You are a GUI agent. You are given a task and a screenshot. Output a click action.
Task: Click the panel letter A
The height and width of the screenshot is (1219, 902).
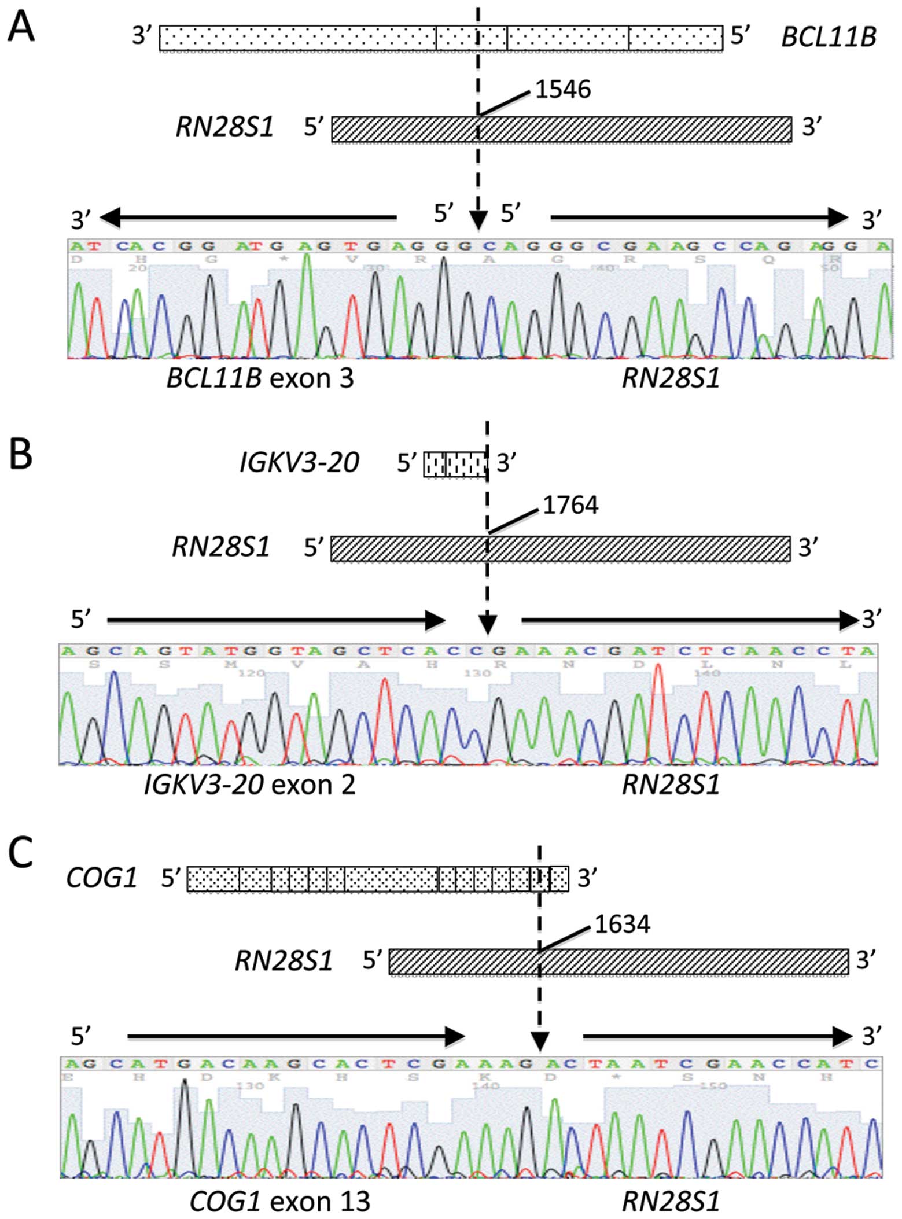tap(21, 27)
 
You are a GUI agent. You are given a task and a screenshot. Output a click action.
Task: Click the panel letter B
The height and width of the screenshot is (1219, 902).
tap(21, 455)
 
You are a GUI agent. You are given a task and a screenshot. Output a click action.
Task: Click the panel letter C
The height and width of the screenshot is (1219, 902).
tap(21, 853)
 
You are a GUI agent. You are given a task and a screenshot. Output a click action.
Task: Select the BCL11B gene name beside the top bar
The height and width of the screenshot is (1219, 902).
tap(829, 38)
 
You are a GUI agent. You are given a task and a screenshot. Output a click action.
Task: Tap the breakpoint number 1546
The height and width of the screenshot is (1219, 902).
tap(562, 90)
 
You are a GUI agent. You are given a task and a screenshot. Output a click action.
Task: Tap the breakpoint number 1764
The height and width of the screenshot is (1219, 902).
tap(570, 506)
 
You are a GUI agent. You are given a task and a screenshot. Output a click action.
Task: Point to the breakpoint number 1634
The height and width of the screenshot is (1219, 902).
tap(622, 924)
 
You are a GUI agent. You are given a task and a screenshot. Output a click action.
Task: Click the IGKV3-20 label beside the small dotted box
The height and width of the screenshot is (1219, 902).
tap(299, 463)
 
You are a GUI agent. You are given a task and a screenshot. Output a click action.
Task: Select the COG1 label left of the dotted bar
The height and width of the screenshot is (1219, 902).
tap(101, 878)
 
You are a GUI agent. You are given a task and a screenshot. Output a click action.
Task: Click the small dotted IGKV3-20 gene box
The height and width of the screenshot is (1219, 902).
tap(455, 464)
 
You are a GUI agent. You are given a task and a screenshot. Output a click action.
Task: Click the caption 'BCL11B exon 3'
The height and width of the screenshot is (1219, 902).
tap(260, 379)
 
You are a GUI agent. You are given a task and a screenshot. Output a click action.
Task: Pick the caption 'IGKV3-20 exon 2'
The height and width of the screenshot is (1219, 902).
tap(249, 785)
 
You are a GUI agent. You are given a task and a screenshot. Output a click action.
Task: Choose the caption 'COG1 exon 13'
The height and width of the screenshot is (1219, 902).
tap(279, 1201)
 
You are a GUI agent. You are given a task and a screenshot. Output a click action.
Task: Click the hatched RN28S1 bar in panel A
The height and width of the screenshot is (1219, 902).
tap(561, 129)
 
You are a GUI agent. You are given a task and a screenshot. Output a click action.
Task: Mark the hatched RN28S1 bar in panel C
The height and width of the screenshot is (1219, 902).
tap(618, 962)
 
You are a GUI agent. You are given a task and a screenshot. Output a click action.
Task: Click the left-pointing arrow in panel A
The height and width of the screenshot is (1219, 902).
tap(249, 218)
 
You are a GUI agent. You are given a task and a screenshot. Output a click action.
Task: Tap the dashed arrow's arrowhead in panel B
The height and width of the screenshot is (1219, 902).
tap(488, 625)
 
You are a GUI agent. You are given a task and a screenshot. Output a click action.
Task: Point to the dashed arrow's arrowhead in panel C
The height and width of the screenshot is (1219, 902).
tap(539, 1041)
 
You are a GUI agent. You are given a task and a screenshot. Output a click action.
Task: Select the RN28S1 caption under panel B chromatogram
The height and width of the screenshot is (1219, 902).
tap(671, 785)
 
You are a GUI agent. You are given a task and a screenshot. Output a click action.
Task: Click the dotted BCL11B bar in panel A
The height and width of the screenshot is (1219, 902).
tap(441, 38)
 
